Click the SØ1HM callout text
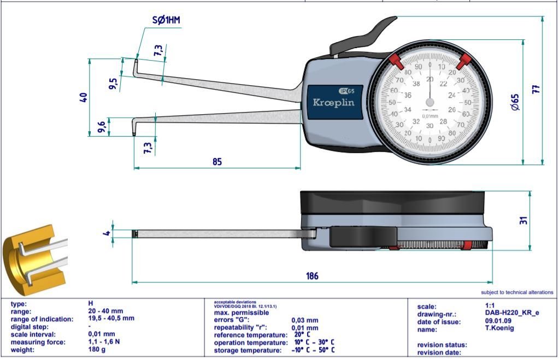point(166,21)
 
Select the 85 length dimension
point(217,162)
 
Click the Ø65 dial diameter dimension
point(515,102)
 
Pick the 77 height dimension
point(536,90)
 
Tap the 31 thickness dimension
point(523,221)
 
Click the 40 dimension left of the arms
point(84,97)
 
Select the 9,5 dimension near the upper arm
point(113,84)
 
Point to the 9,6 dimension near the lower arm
point(102,127)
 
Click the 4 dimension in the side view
point(108,233)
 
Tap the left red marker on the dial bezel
point(397,61)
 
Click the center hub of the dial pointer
point(430,102)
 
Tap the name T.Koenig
point(499,329)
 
